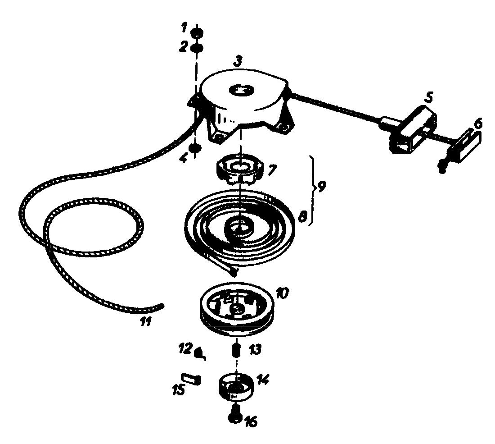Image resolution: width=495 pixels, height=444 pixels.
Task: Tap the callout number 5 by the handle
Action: click(x=428, y=98)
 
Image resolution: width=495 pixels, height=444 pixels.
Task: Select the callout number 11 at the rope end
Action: click(x=146, y=321)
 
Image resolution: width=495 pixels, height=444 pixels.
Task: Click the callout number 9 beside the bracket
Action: click(x=321, y=187)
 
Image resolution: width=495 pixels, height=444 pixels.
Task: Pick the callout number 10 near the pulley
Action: click(x=282, y=293)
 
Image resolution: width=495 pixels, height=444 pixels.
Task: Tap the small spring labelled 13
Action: click(x=236, y=350)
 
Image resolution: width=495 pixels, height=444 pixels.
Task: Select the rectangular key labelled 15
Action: click(x=190, y=378)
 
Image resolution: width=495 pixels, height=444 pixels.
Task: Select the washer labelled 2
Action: click(x=197, y=49)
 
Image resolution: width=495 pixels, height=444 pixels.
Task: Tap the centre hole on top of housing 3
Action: click(x=242, y=90)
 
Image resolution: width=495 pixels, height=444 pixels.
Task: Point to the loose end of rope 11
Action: click(x=163, y=305)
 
